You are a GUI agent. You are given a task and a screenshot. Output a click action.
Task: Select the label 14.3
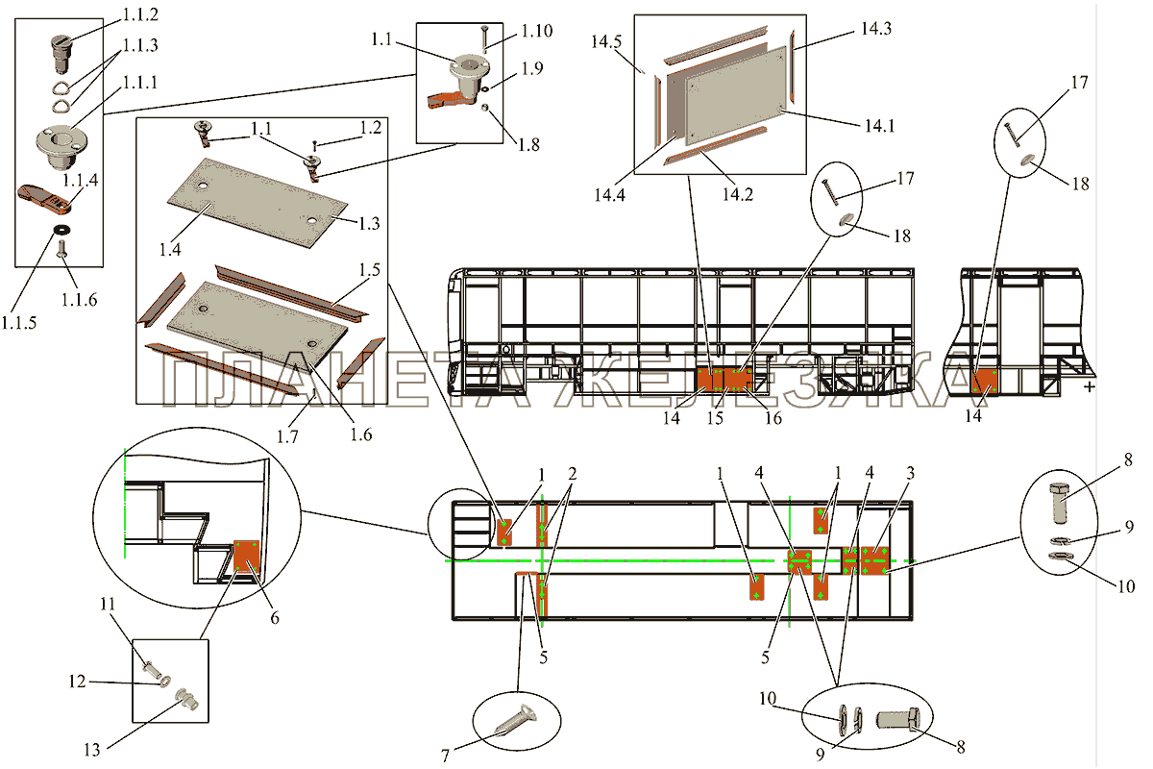[x=874, y=29]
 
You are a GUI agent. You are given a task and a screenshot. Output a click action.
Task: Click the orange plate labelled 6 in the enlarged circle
[x=247, y=556]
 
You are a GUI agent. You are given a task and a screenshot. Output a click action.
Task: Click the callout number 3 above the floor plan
[x=909, y=474]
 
